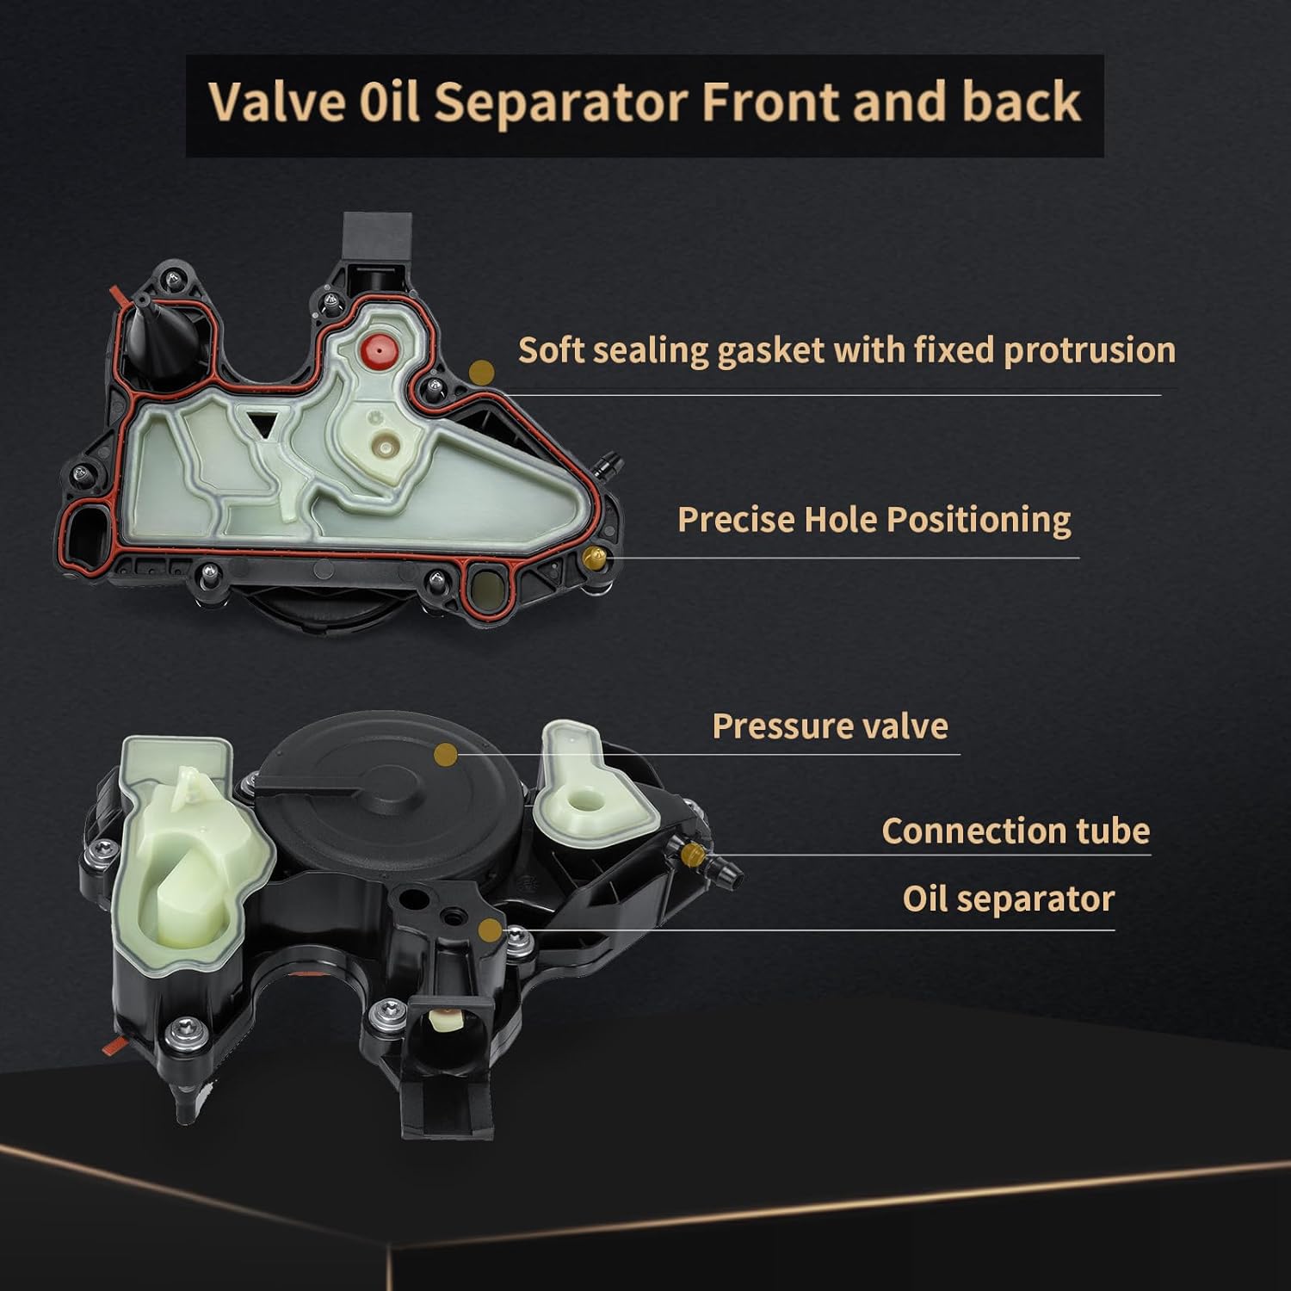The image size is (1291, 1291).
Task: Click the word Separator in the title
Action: click(560, 102)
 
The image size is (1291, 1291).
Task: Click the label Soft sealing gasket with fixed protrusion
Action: click(847, 350)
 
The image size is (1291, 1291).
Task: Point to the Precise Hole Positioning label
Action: click(874, 520)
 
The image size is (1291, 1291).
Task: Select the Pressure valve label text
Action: click(830, 726)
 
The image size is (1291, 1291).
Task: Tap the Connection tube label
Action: click(1016, 831)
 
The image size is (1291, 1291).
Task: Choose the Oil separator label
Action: click(1008, 899)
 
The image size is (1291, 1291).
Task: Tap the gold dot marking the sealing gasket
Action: click(483, 372)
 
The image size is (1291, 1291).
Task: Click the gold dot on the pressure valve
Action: click(446, 755)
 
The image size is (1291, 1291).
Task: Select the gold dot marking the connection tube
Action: click(691, 854)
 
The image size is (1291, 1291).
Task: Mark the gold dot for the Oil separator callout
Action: click(490, 930)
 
